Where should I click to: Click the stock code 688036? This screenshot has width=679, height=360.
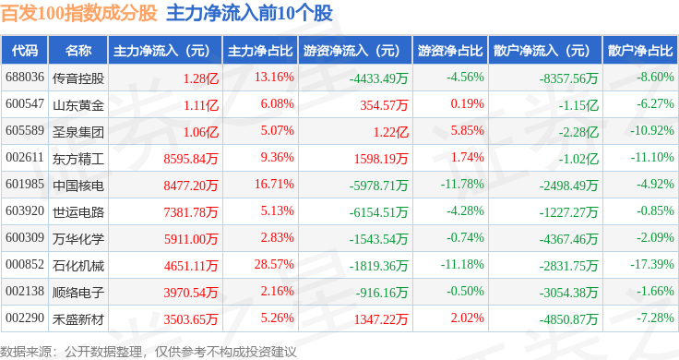pyautogui.click(x=25, y=78)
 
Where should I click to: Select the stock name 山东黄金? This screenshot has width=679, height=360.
pyautogui.click(x=78, y=105)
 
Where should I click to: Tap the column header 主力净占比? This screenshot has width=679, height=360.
pyautogui.click(x=260, y=51)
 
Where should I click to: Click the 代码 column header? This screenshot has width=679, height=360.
pyautogui.click(x=25, y=51)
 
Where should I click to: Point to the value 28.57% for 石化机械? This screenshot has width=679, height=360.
pyautogui.click(x=274, y=264)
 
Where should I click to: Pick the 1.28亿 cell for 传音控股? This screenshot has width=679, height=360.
pyautogui.click(x=201, y=78)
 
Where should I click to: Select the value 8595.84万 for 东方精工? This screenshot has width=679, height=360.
pyautogui.click(x=191, y=159)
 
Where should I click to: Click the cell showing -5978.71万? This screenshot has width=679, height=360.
pyautogui.click(x=379, y=186)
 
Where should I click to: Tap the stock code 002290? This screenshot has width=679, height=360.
pyautogui.click(x=25, y=318)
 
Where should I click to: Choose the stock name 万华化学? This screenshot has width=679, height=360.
pyautogui.click(x=78, y=239)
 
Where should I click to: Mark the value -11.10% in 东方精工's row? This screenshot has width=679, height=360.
pyautogui.click(x=652, y=157)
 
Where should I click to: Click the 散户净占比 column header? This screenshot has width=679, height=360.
pyautogui.click(x=640, y=51)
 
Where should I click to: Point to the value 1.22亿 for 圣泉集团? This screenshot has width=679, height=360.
pyautogui.click(x=391, y=132)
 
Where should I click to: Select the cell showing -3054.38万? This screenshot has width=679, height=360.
pyautogui.click(x=568, y=293)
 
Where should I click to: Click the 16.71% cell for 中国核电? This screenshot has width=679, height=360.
pyautogui.click(x=274, y=184)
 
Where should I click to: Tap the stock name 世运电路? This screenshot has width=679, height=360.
pyautogui.click(x=78, y=211)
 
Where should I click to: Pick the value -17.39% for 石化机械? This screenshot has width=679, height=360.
pyautogui.click(x=652, y=264)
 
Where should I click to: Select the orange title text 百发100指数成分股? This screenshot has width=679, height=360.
pyautogui.click(x=78, y=13)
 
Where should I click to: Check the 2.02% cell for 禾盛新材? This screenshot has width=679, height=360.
pyautogui.click(x=467, y=318)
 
